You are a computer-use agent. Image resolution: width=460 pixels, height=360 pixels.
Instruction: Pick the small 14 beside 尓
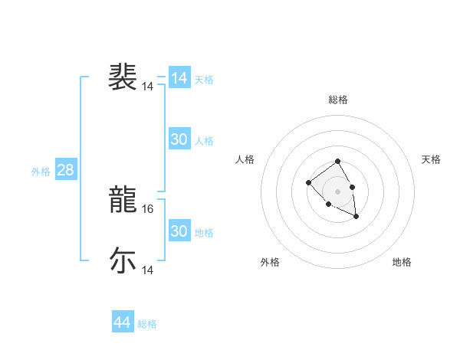pyautogui.click(x=148, y=270)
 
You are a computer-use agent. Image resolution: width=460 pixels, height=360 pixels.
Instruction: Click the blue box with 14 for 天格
pyautogui.click(x=179, y=78)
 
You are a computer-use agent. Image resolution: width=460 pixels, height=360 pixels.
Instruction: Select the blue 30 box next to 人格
pyautogui.click(x=179, y=139)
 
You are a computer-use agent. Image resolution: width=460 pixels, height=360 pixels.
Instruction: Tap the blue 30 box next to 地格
pyautogui.click(x=179, y=231)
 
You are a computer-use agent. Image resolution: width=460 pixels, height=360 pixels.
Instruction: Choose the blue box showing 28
pyautogui.click(x=66, y=170)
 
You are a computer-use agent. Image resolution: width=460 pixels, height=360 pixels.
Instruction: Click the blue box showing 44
pyautogui.click(x=122, y=322)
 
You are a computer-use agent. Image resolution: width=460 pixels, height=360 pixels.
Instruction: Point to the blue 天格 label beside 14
pyautogui.click(x=204, y=80)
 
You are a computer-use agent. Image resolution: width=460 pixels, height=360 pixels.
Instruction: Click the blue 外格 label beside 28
pyautogui.click(x=41, y=172)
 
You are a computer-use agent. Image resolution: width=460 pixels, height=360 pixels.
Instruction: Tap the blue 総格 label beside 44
pyautogui.click(x=147, y=324)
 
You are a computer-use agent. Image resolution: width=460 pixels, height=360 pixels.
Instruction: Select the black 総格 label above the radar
pyautogui.click(x=338, y=100)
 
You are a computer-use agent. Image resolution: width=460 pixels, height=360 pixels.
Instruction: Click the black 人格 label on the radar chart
pyautogui.click(x=245, y=159)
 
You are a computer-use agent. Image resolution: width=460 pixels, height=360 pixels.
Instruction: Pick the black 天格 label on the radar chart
pyautogui.click(x=431, y=159)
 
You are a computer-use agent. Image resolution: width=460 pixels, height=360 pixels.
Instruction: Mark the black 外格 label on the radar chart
pyautogui.click(x=270, y=262)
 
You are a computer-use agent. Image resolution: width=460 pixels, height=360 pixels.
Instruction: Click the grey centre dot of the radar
pyautogui.click(x=337, y=191)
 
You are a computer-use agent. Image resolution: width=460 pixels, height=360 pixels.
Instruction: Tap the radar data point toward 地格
pyautogui.click(x=356, y=217)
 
